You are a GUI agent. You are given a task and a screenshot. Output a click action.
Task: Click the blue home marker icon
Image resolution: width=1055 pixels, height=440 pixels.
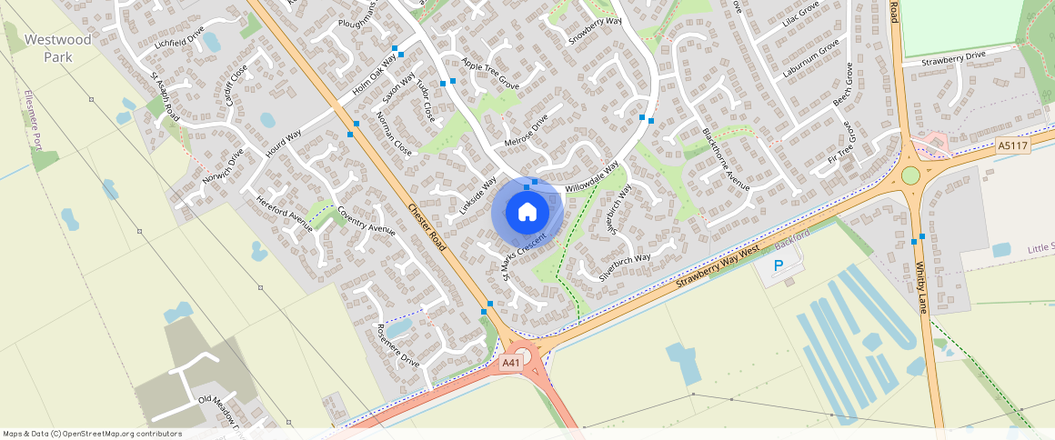tap(527, 213)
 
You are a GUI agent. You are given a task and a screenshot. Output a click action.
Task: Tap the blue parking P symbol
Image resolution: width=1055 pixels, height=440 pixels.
tap(778, 265)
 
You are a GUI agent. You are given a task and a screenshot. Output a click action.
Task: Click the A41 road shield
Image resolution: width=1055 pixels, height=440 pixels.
tap(512, 363)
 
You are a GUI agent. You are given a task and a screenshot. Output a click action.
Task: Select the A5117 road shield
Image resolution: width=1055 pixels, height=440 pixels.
tap(1012, 145)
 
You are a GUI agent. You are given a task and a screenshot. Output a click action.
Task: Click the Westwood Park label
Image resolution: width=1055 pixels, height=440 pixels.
tap(58, 48)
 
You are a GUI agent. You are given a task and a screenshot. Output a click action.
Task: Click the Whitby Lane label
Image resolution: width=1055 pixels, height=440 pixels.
tap(919, 287)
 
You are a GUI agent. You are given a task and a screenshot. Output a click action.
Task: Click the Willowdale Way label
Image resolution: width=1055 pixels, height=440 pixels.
tap(592, 175)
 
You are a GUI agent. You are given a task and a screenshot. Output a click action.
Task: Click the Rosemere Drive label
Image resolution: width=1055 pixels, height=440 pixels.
tap(392, 345)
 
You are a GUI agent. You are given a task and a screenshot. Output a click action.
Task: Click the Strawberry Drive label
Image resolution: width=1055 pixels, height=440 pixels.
tap(953, 57)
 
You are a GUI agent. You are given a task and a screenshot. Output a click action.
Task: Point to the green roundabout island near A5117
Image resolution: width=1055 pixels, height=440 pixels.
tap(910, 175)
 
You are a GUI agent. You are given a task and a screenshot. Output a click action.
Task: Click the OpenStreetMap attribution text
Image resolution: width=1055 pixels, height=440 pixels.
tap(92, 434)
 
